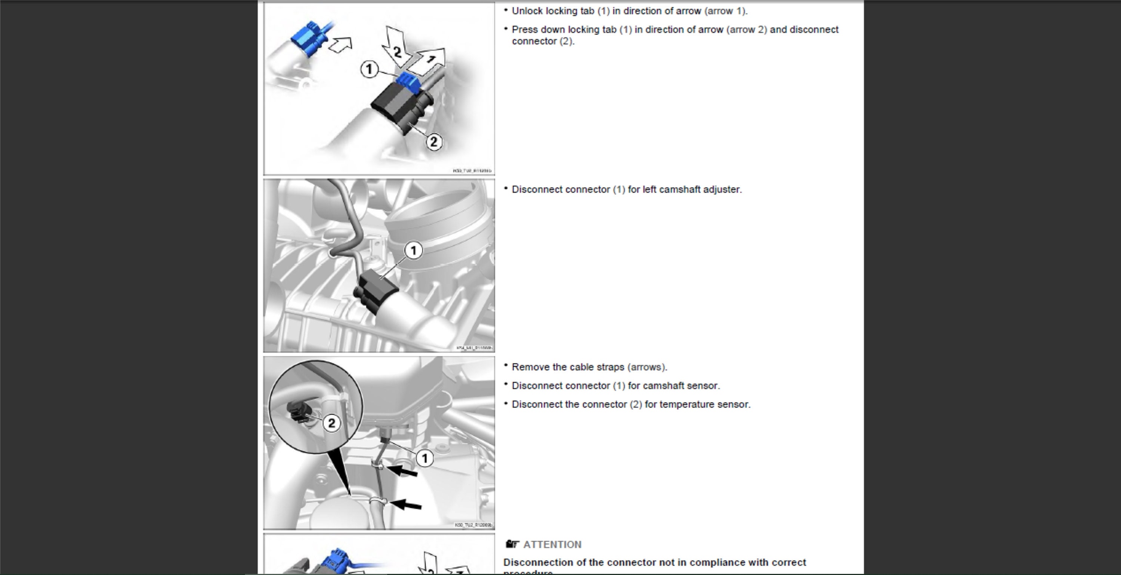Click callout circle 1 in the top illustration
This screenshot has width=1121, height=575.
[369, 69]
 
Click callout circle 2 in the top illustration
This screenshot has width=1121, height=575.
[433, 142]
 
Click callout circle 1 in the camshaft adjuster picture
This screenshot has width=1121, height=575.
[413, 251]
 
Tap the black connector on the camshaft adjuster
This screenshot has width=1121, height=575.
[375, 290]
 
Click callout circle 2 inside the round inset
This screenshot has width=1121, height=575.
[331, 423]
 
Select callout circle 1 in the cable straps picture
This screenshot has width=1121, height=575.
[425, 458]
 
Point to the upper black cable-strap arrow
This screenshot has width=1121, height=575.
[402, 470]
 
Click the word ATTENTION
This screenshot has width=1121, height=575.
[552, 544]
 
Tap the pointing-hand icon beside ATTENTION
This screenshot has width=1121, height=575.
[512, 544]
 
